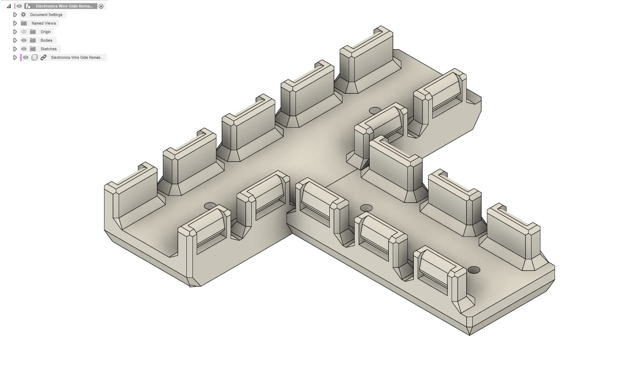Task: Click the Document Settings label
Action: coord(46,15)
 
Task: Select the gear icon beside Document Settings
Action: coord(24,15)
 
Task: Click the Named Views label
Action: coord(43,23)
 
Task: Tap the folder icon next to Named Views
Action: coord(24,23)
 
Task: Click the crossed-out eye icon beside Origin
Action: coord(24,32)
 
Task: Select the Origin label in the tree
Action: coord(45,32)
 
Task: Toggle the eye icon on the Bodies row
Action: coord(24,40)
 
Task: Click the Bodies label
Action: coord(46,40)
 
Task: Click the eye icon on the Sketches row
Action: coord(24,49)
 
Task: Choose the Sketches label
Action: coord(48,49)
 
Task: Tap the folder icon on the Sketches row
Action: coord(33,49)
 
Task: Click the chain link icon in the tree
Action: coord(43,57)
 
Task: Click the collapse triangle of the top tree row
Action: coord(9,6)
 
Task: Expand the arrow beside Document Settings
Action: coord(15,15)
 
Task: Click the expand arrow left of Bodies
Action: coord(15,40)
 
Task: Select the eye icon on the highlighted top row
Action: coord(19,6)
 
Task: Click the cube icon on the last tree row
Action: coord(35,57)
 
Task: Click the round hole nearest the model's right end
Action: coord(474,270)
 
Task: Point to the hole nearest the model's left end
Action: coord(210,206)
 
